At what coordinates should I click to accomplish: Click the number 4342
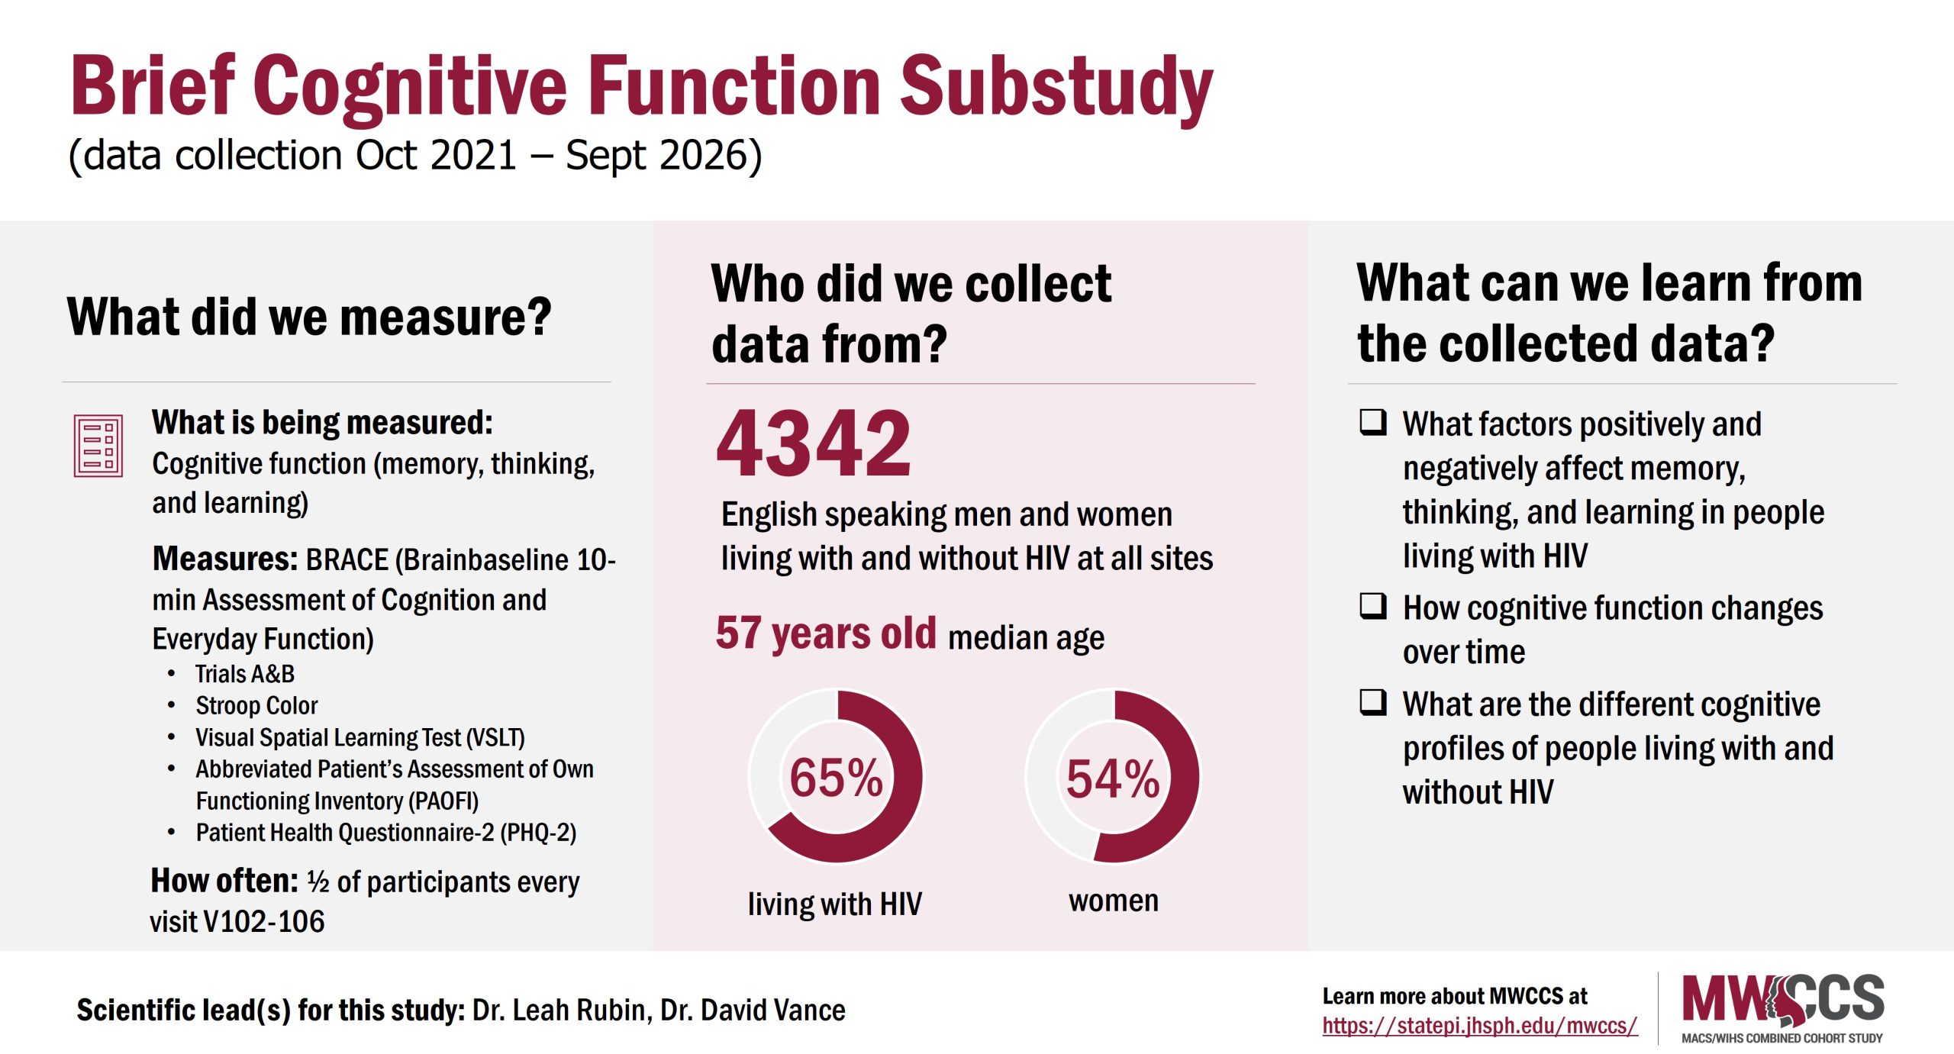813,443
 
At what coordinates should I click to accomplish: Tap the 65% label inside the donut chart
836,778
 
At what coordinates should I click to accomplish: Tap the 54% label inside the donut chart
1113,778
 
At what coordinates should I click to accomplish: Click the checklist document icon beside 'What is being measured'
98,446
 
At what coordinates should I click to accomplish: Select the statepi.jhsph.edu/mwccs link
1479,1025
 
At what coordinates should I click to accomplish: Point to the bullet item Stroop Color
256,706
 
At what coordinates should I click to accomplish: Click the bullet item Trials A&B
244,674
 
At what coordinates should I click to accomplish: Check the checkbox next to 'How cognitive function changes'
1372,606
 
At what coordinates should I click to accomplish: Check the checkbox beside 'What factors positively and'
1372,421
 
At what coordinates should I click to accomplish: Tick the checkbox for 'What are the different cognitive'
1372,701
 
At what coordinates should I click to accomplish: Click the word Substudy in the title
1056,88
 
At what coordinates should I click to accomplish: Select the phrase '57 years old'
825,633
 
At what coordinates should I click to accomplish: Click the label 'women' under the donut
1113,901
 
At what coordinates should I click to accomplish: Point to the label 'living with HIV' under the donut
834,904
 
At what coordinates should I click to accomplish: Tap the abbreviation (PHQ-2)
538,832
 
